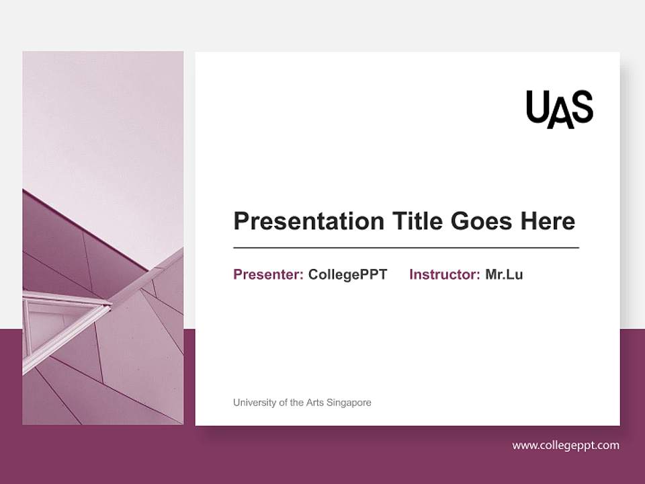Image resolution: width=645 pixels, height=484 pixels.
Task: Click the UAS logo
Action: point(559,108)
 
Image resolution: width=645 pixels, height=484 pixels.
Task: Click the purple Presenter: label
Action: point(268,274)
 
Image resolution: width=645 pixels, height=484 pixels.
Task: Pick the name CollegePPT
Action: point(347,274)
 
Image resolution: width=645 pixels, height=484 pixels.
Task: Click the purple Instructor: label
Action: point(444,274)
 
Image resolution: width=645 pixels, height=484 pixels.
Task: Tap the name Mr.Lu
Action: point(504,274)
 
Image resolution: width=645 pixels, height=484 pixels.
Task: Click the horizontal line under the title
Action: point(406,248)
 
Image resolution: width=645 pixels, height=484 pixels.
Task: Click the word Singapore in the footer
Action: point(349,403)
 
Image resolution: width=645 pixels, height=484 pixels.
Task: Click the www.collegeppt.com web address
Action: point(566,445)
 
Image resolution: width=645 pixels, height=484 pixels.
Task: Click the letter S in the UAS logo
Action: point(582,108)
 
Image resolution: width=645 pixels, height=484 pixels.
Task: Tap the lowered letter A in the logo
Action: point(560,114)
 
